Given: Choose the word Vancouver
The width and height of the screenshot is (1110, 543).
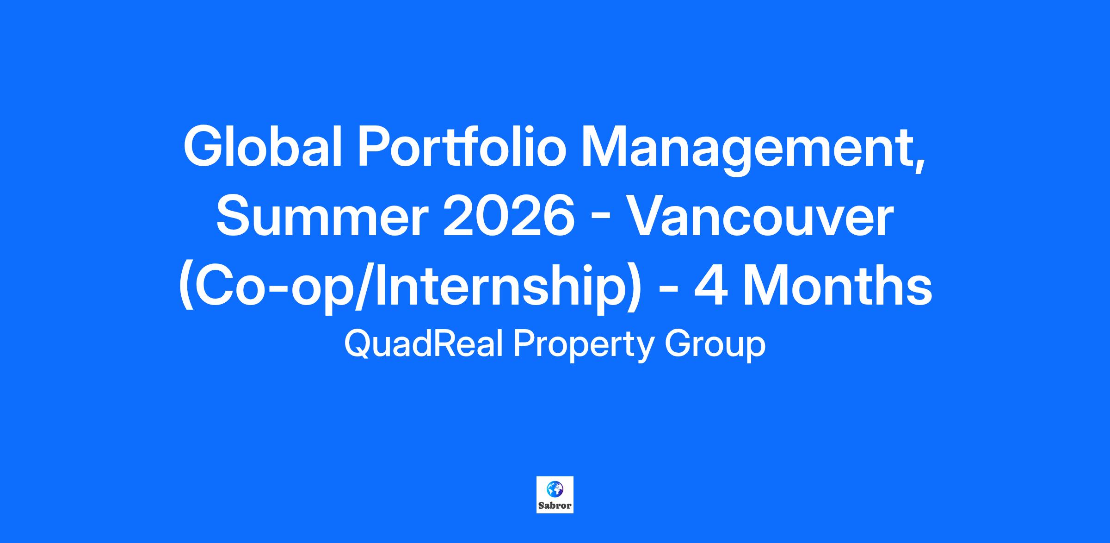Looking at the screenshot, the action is click(761, 216).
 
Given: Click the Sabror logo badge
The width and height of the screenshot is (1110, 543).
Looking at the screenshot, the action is click(555, 495).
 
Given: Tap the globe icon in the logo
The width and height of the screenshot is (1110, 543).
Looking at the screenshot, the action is click(555, 489).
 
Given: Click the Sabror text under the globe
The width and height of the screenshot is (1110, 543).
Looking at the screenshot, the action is click(555, 506).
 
